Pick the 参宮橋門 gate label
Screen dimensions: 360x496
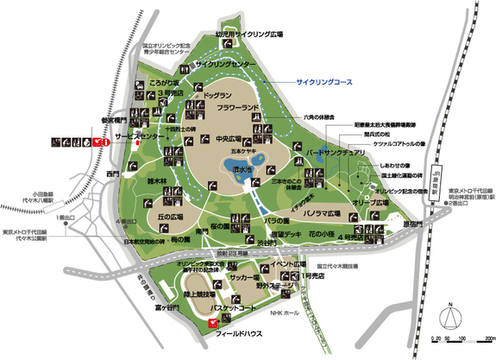click(x=115, y=122)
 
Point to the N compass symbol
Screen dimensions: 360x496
click(x=449, y=306)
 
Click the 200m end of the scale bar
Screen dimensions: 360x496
click(x=489, y=338)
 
